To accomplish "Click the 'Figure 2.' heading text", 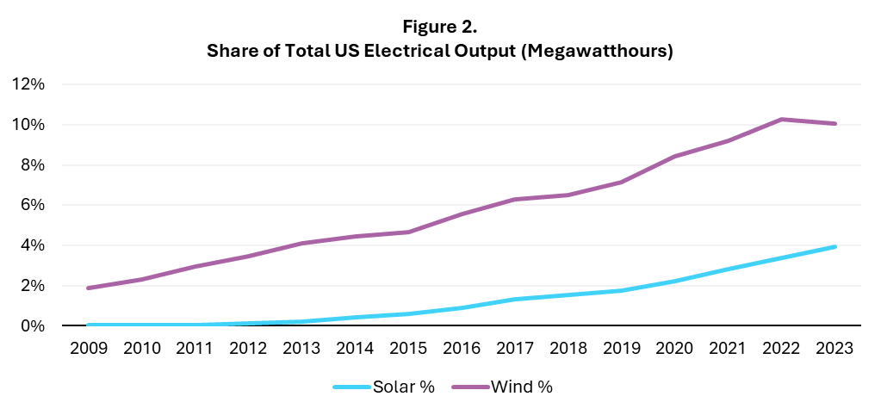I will coord(439,26).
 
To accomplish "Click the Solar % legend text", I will coord(404,387).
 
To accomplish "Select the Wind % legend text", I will coord(522,387).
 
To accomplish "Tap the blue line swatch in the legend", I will coord(351,387).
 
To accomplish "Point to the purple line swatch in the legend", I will coord(470,387).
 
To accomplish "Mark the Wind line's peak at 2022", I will coord(781,119).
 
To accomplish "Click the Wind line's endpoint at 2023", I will coord(834,123).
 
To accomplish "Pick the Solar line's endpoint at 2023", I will coord(834,247).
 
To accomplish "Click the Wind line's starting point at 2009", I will coord(90,288).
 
